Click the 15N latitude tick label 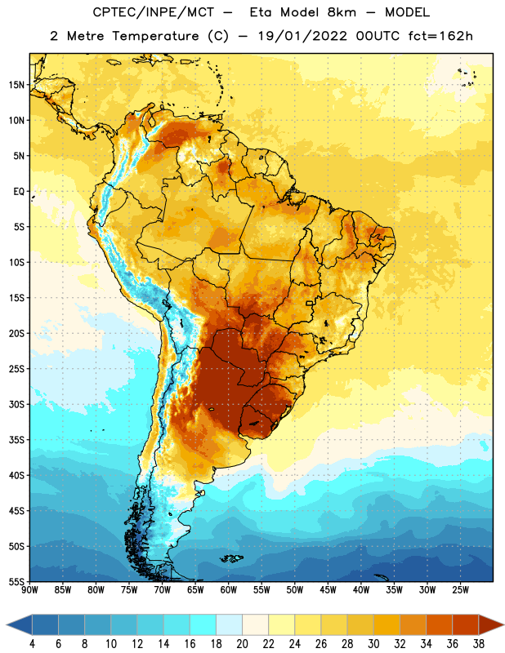16,85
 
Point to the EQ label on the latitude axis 19,192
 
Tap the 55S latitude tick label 16,581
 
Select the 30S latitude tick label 16,404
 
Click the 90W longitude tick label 30,590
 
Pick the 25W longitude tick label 460,590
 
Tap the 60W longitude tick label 229,590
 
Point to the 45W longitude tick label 328,590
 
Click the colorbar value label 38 478,644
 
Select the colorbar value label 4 32,644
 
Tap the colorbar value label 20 242,644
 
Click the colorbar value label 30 373,644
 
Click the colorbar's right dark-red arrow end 491,624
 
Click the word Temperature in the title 155,36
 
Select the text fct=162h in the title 440,36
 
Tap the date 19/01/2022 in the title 302,36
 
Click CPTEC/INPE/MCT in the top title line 154,12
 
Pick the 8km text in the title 342,12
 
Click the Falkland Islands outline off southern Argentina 231,558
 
